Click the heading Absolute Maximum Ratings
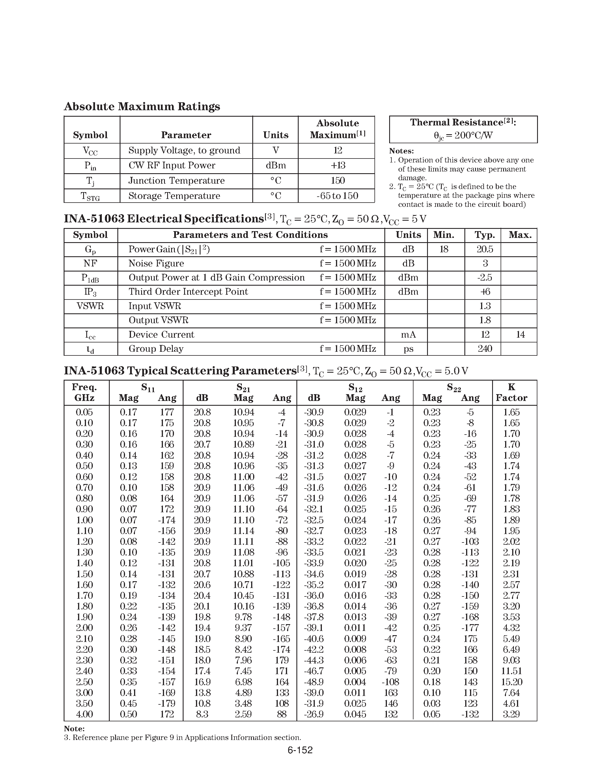pos(142,106)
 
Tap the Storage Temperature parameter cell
pos(174,196)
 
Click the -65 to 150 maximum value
pos(337,196)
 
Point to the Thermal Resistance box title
pos(463,122)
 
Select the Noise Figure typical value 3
pos(485,264)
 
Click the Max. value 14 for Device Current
pos(520,335)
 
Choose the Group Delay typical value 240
pos(485,349)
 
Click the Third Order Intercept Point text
pos(188,292)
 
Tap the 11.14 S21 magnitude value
pos(244,531)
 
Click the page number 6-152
pos(300,750)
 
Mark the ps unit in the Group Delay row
pos(408,349)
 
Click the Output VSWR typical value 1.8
pos(485,320)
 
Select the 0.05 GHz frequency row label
pos(84,412)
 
